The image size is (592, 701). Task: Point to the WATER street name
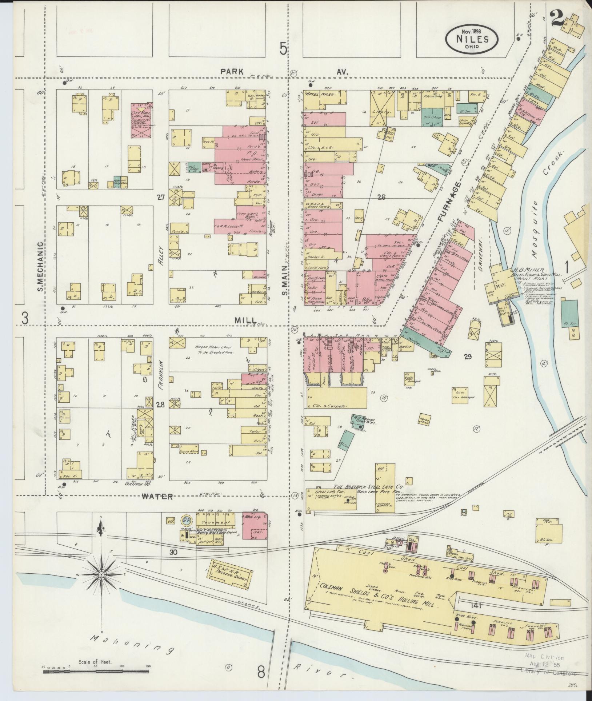[157, 496]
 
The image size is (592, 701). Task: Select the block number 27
[161, 198]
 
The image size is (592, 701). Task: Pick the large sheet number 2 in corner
[556, 18]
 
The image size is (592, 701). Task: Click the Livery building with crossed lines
[382, 109]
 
